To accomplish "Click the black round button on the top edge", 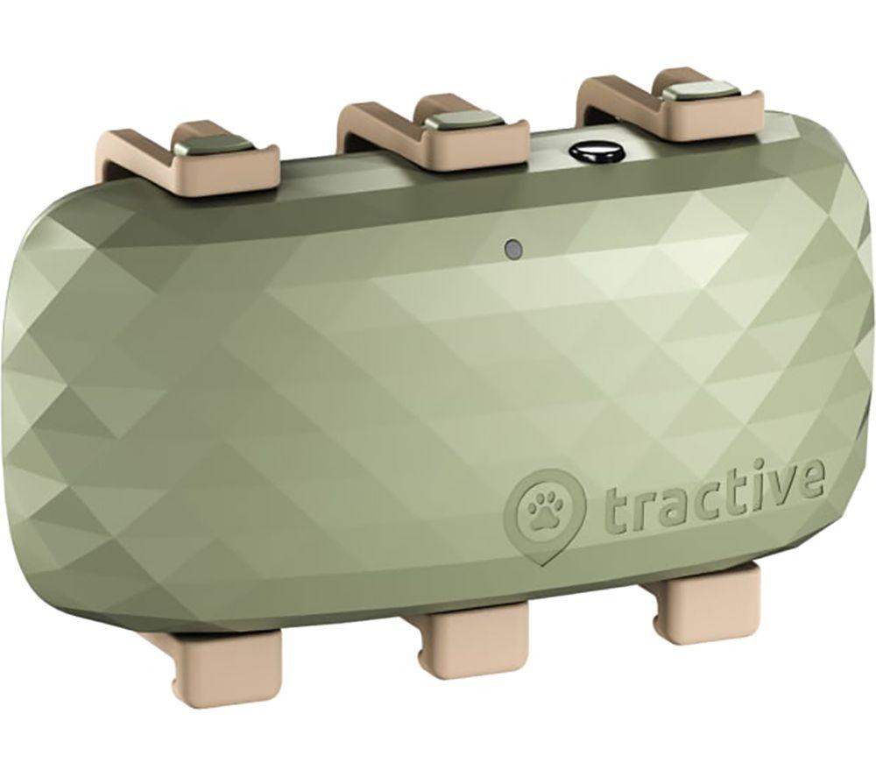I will point(587,152).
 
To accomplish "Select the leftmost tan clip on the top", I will point(188,158).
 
